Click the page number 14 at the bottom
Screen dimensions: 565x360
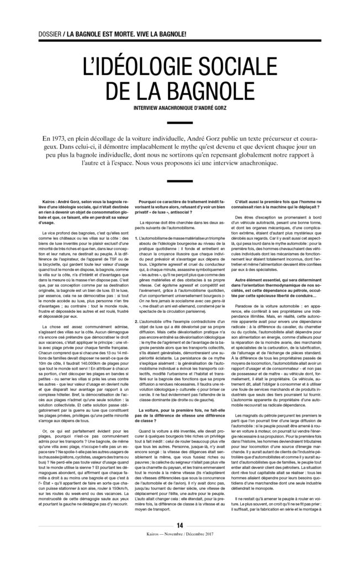(180, 541)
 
